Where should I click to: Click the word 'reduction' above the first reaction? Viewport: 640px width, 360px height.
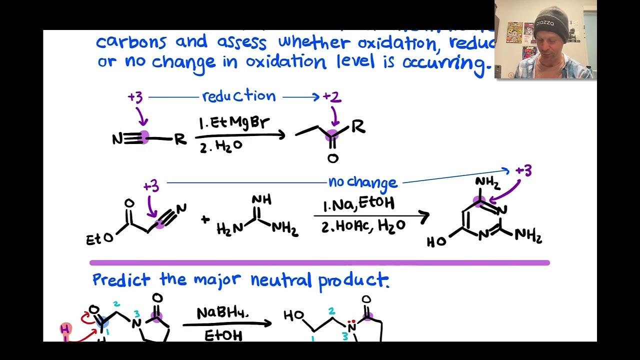tap(238, 96)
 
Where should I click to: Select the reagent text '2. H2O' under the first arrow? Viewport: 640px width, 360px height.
tap(221, 146)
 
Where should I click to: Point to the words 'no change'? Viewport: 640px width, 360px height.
tap(362, 182)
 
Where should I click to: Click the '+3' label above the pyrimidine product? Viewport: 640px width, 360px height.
tap(523, 171)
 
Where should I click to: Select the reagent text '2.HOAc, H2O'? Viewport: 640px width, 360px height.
tap(363, 226)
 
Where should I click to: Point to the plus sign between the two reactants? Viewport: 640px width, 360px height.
tap(205, 219)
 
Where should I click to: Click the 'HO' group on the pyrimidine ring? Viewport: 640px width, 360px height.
tap(436, 242)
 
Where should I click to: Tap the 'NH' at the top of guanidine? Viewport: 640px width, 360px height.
tap(261, 200)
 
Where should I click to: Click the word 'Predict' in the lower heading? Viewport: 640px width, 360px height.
tap(120, 279)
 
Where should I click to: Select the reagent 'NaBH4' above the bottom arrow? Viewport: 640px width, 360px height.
tap(222, 313)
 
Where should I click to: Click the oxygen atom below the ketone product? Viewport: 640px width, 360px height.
tap(332, 159)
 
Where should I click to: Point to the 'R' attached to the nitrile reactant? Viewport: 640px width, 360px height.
tap(179, 139)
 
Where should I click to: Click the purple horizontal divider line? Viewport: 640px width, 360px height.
tap(319, 262)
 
